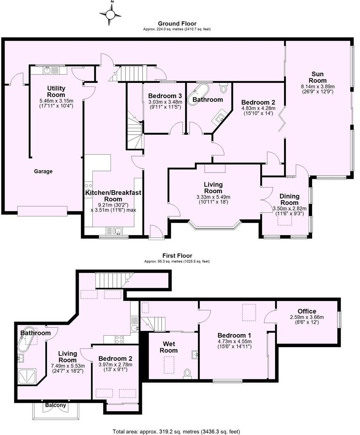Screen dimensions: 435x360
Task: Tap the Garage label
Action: point(43,171)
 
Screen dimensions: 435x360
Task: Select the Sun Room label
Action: point(319,77)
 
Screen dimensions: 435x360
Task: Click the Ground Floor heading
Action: point(177,24)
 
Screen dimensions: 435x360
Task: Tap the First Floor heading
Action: point(177,256)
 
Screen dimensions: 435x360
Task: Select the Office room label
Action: point(307,311)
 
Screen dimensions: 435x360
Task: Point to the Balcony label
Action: point(55,405)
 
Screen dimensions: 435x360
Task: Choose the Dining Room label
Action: point(289,199)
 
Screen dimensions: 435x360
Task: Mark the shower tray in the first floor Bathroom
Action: point(28,376)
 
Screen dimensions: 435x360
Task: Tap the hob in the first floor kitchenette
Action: point(119,339)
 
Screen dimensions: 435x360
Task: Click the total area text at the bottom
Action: point(176,431)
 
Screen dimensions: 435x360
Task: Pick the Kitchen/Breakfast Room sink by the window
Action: point(114,231)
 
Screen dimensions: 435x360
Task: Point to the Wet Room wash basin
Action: point(195,354)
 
